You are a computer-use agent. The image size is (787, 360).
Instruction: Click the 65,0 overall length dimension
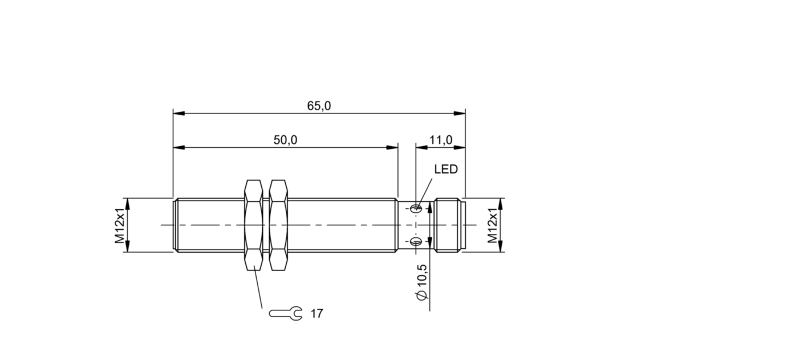(319, 106)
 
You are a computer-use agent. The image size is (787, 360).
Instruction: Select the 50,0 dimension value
(285, 140)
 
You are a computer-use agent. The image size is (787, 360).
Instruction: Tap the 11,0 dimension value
(441, 140)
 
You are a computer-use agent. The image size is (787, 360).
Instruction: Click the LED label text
(445, 169)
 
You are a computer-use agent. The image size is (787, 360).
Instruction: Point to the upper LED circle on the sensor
(417, 208)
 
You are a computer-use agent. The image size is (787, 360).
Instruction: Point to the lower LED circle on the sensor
(417, 242)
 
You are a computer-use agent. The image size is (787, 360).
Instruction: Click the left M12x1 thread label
(119, 225)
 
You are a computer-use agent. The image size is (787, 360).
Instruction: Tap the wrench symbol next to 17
(286, 313)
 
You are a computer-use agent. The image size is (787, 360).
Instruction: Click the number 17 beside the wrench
(317, 313)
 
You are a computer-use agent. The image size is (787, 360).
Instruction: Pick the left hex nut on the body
(253, 225)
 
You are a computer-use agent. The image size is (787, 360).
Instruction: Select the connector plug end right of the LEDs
(450, 225)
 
